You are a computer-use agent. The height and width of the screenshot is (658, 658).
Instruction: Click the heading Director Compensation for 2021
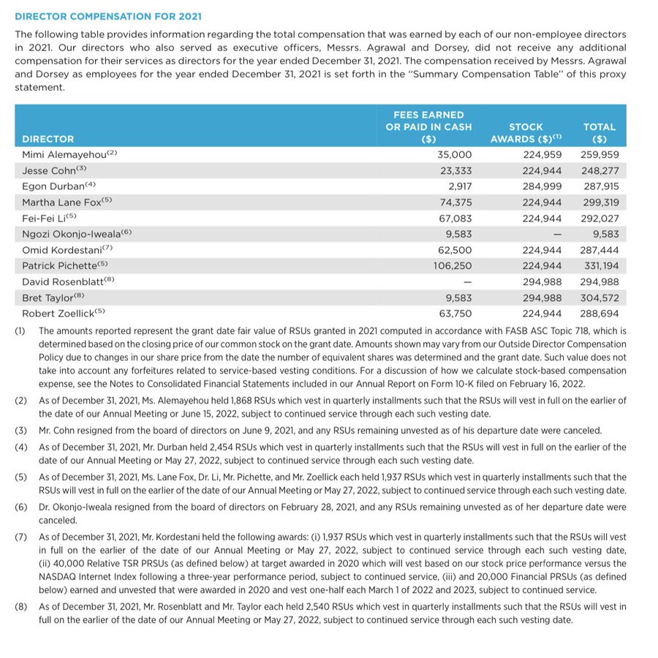(108, 16)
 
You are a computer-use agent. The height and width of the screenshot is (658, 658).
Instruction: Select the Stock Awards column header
(526, 132)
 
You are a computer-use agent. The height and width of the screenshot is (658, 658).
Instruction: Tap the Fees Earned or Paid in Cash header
(428, 126)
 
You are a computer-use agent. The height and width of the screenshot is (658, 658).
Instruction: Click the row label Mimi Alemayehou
(64, 154)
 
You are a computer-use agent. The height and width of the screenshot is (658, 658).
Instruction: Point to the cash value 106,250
(453, 266)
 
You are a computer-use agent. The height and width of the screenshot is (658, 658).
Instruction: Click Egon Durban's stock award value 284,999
(542, 186)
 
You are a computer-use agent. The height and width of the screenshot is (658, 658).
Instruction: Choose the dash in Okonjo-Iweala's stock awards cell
(557, 234)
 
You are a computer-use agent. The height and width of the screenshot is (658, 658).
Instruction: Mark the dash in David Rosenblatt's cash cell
(467, 281)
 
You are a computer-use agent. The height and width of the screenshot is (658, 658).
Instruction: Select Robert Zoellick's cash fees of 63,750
(455, 314)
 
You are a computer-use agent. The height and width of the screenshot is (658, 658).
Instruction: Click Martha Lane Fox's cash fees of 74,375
(455, 203)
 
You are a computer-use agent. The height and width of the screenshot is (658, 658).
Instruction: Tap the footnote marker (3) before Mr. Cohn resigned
(20, 430)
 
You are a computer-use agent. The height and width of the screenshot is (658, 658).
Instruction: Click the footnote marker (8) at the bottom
(20, 606)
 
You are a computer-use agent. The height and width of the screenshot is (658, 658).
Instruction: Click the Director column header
(48, 138)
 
